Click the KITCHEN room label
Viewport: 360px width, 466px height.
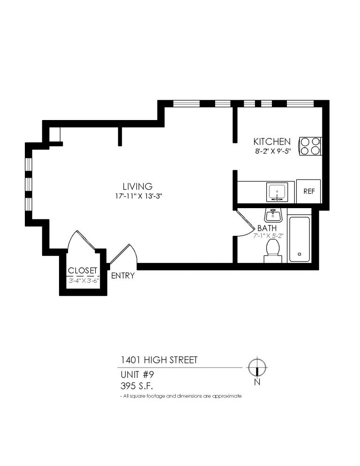272,141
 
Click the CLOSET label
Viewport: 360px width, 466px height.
82,271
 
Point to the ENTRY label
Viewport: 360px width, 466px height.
123,276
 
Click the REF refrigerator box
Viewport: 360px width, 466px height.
308,191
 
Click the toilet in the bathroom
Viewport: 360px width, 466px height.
272,250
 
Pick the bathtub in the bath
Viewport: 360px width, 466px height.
299,239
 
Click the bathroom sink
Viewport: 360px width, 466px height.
272,215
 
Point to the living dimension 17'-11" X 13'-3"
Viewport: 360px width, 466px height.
137,196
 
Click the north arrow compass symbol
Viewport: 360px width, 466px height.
257,366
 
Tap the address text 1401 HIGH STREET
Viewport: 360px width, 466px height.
157,360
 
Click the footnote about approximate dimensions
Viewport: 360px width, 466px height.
180,396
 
